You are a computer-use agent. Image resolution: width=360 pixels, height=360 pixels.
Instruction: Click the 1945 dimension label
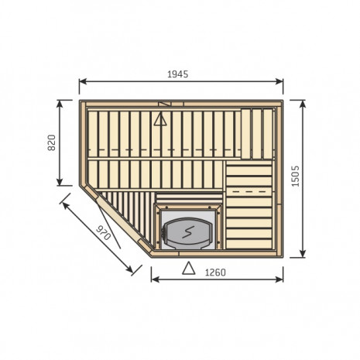178,74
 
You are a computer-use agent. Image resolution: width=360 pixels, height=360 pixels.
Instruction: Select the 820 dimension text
52,142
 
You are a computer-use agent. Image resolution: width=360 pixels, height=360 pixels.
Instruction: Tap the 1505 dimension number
295,176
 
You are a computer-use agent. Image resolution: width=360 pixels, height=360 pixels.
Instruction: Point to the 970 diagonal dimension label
104,232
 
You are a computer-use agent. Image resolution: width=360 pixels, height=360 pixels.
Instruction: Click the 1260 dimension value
215,273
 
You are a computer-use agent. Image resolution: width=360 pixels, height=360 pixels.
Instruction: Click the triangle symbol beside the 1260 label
189,268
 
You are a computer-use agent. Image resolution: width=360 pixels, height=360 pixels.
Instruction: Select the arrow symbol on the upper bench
160,120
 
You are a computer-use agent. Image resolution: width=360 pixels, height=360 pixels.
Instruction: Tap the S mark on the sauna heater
188,232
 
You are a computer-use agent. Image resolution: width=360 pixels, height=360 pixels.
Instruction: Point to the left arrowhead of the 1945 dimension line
83,81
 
